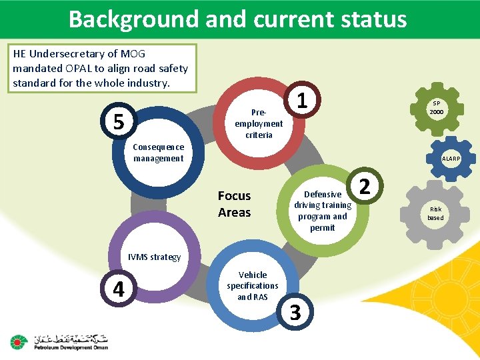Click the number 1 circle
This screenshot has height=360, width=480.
point(302,101)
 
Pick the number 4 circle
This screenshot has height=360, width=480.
point(118,289)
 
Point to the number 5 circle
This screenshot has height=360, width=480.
point(118,121)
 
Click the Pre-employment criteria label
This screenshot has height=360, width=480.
point(259,123)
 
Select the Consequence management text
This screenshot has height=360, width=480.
point(159,153)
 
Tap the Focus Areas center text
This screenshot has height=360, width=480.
point(234,204)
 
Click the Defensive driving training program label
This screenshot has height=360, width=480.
point(323,211)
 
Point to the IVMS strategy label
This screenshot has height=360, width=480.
point(155,257)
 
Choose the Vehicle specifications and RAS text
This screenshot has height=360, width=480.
point(253,285)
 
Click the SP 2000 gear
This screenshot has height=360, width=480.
point(437,107)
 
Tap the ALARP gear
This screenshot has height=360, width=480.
point(450,158)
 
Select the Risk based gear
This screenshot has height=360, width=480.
point(435,213)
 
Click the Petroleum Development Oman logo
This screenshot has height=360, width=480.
point(59,341)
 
